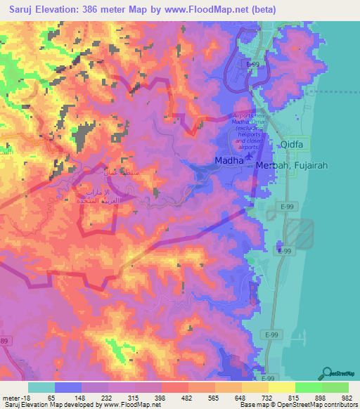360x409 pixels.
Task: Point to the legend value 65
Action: tap(50, 398)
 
